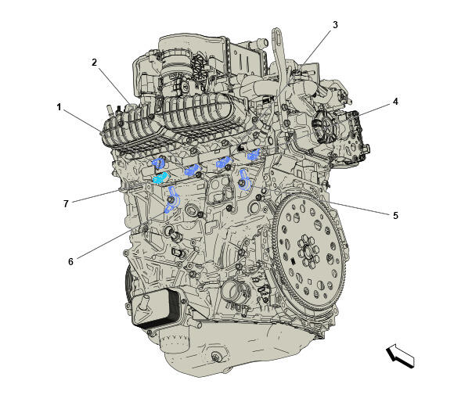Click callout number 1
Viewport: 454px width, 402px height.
click(59, 107)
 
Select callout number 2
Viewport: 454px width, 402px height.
click(94, 63)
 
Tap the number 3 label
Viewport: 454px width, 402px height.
click(335, 25)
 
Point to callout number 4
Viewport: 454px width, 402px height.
click(395, 102)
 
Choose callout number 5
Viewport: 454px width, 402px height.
click(395, 215)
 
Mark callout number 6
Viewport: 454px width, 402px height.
click(71, 262)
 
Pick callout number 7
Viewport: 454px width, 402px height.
click(66, 204)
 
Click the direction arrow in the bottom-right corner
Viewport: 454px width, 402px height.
click(401, 357)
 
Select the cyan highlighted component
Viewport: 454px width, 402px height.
click(160, 178)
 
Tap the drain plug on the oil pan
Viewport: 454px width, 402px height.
click(215, 357)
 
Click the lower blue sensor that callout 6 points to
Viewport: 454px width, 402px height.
click(172, 200)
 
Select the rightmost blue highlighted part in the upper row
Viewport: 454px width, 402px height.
click(254, 154)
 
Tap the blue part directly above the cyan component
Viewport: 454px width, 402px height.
click(159, 163)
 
